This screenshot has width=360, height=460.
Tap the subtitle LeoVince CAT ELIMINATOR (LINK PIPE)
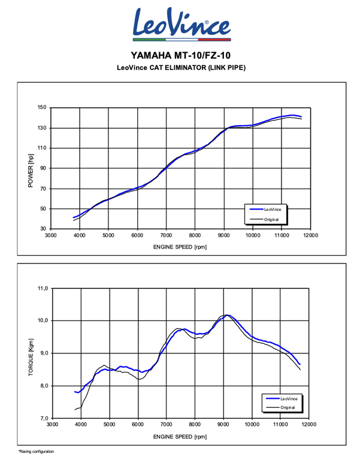click(x=180, y=67)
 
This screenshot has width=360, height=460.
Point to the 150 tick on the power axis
click(x=41, y=108)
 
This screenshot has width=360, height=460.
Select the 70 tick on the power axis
click(x=43, y=189)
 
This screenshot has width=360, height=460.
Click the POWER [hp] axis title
click(x=30, y=168)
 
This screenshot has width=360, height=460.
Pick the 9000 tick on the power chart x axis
click(x=223, y=235)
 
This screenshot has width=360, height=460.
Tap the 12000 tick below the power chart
click(x=310, y=235)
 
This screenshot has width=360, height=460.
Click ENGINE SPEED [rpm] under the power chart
click(x=180, y=246)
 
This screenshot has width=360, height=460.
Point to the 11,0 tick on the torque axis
click(x=42, y=289)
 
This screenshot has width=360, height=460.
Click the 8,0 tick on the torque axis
click(x=43, y=386)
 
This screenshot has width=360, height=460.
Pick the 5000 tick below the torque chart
click(x=109, y=424)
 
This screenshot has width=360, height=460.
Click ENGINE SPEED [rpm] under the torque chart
click(x=180, y=435)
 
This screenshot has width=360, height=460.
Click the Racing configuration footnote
click(x=36, y=451)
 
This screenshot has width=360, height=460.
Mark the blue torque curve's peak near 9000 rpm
click(x=228, y=315)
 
